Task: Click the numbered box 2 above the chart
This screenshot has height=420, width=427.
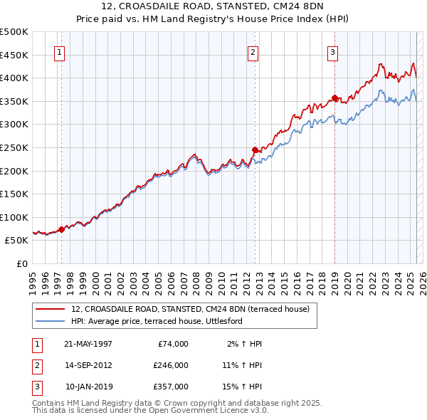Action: (253, 51)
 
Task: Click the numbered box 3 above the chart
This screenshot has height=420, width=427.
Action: (332, 51)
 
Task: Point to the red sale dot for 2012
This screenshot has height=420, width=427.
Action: (255, 149)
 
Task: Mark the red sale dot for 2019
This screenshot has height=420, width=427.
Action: (334, 98)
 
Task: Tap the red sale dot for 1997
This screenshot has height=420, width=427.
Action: (61, 229)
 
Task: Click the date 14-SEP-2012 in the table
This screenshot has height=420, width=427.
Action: (88, 364)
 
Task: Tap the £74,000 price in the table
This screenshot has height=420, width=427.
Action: (173, 344)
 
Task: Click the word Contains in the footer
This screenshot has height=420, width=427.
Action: (49, 403)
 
